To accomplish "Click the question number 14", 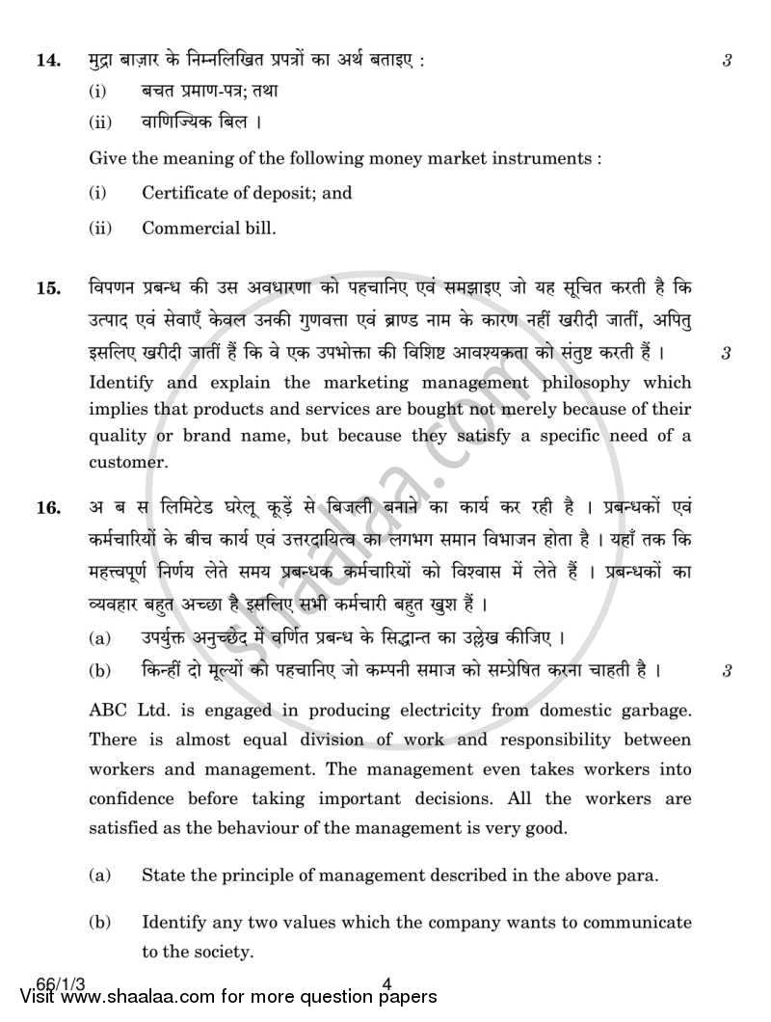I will (x=47, y=60).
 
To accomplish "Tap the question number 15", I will (x=47, y=288).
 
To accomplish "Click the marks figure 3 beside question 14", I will (x=728, y=60).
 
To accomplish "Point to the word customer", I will (x=128, y=462).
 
